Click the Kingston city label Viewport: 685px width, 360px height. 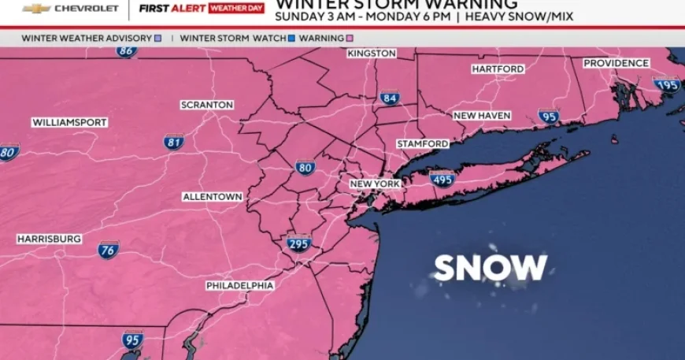pos(372,53)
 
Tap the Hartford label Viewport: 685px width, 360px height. pos(498,69)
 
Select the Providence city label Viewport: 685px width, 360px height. pos(616,63)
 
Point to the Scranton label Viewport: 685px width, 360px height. pos(207,105)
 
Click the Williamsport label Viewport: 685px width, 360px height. pos(69,123)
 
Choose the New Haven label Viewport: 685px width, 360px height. pos(482,116)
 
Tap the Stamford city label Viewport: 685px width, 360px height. pos(423,144)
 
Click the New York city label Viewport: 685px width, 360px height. pos(376,184)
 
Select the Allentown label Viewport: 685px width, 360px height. pos(213,196)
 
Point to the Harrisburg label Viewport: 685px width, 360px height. pos(49,239)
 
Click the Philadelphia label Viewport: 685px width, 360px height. pos(240,285)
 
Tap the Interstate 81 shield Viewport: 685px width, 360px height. pos(174,142)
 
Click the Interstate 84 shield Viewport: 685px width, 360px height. pos(389,98)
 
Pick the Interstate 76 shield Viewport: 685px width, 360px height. pos(109,250)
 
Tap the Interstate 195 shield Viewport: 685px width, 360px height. pos(666,84)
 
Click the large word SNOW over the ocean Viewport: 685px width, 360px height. pos(491,268)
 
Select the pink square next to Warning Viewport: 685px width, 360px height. pos(350,38)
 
